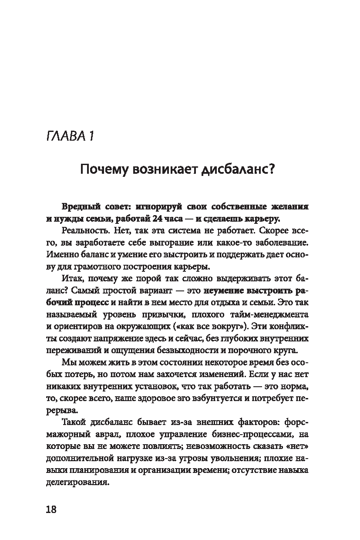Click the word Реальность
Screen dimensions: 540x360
[82, 229]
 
